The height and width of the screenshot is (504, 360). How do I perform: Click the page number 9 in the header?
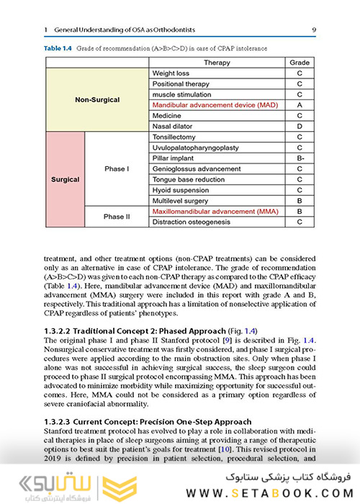[x=315, y=30]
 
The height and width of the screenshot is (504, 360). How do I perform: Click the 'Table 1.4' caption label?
[x=60, y=48]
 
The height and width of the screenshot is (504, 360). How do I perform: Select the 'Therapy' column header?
[x=217, y=63]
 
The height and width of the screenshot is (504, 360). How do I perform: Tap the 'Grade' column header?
[x=300, y=63]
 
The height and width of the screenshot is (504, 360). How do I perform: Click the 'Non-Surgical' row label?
[x=97, y=99]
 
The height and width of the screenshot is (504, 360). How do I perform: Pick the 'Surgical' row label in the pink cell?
[x=65, y=179]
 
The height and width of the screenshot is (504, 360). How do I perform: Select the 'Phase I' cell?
[x=117, y=168]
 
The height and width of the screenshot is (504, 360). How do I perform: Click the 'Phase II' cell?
[x=117, y=217]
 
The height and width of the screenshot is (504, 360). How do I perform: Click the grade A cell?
[x=300, y=105]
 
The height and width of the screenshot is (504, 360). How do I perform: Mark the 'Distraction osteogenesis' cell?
[x=192, y=222]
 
